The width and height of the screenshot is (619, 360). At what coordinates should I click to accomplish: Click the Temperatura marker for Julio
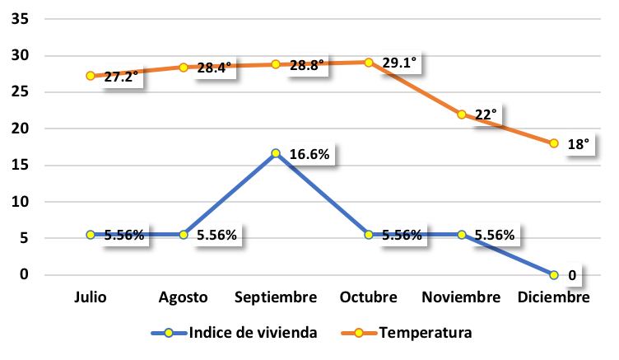[91, 76]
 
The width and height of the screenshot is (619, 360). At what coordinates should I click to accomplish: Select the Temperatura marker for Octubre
[369, 63]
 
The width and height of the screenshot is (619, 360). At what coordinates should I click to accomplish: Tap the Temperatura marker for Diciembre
[554, 143]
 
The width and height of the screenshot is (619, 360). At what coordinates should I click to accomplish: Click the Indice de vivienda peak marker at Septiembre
[276, 153]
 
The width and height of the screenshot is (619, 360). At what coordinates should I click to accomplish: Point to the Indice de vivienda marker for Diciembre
[554, 274]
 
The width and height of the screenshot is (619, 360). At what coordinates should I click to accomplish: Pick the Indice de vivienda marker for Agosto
[184, 235]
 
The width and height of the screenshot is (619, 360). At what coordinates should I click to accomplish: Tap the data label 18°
[578, 144]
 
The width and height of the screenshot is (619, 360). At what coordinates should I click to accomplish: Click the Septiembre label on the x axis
[276, 297]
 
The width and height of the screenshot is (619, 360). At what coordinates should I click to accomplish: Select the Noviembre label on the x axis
[462, 297]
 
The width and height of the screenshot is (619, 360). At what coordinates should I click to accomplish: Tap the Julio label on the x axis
[91, 297]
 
